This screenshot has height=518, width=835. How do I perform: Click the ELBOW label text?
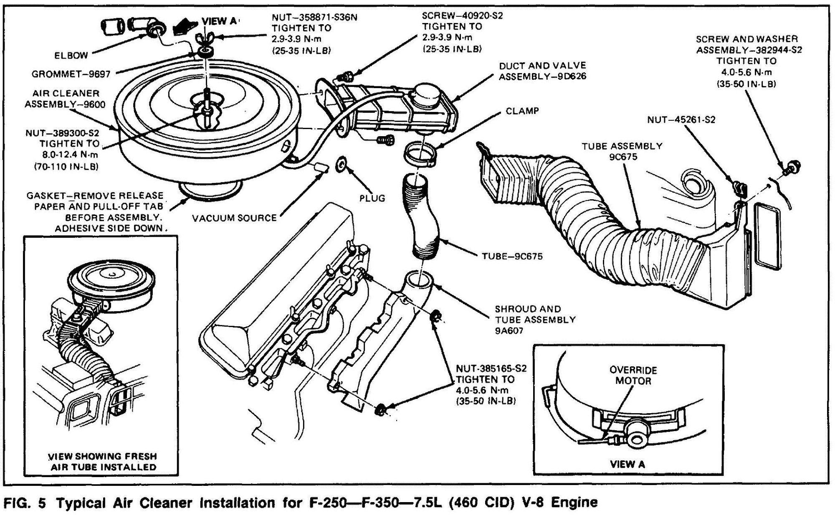pyautogui.click(x=71, y=55)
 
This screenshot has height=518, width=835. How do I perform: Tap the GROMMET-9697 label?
pyautogui.click(x=71, y=74)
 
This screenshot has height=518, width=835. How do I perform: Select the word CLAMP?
pyautogui.click(x=522, y=111)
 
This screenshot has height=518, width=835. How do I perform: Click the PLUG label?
pyautogui.click(x=372, y=198)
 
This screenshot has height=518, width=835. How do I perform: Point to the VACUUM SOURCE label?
pyautogui.click(x=234, y=218)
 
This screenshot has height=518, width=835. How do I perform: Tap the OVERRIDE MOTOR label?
pyautogui.click(x=633, y=375)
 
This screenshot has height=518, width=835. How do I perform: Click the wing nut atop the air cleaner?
pyautogui.click(x=205, y=39)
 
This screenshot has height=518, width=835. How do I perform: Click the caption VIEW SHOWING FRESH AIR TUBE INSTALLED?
pyautogui.click(x=103, y=462)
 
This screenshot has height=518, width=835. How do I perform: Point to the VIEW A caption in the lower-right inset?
pyautogui.click(x=627, y=465)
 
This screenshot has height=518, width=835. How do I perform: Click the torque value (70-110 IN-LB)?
pyautogui.click(x=66, y=166)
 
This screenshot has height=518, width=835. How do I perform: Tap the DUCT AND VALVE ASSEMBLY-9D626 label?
pyautogui.click(x=542, y=71)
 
